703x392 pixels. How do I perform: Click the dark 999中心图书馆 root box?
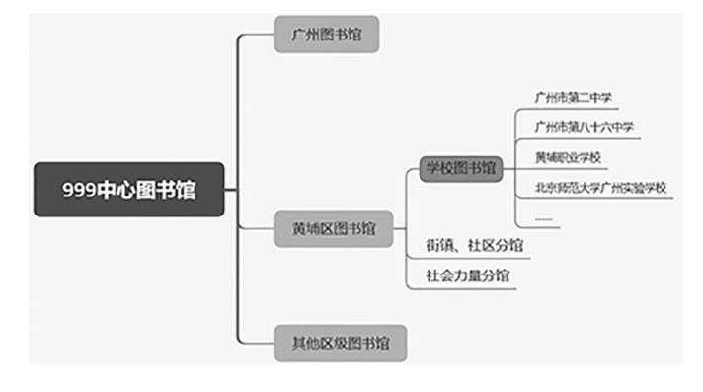click(x=128, y=190)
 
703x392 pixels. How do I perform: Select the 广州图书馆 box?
click(x=327, y=35)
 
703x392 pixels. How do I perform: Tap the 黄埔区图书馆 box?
click(x=334, y=229)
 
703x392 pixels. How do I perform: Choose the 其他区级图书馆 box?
click(x=341, y=343)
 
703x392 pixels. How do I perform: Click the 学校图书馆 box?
click(x=461, y=169)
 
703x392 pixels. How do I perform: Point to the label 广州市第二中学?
click(x=574, y=97)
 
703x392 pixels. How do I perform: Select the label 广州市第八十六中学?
click(x=584, y=127)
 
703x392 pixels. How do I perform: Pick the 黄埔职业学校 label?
click(x=568, y=157)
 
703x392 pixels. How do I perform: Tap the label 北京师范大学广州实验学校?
click(x=600, y=188)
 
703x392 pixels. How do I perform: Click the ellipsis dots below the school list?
click(x=543, y=219)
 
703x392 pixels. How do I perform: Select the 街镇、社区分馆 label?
click(x=474, y=245)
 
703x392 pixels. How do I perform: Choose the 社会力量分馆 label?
click(x=468, y=275)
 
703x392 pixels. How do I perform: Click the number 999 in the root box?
click(x=79, y=190)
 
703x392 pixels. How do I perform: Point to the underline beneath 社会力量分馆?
click(x=462, y=288)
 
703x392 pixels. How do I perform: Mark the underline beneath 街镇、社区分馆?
click(x=469, y=258)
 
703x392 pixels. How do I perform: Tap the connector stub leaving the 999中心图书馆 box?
click(x=230, y=190)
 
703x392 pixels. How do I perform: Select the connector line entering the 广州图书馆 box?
click(x=257, y=35)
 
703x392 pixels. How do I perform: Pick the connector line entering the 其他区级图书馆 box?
click(x=257, y=344)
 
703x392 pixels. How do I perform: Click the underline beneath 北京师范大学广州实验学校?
click(x=595, y=198)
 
